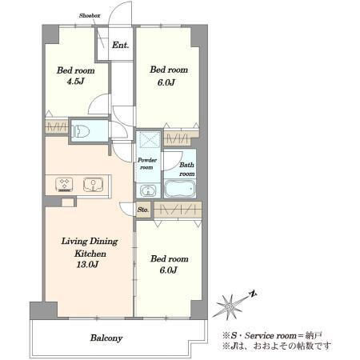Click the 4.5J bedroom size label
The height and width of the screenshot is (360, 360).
75,81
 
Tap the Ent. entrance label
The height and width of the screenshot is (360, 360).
121,45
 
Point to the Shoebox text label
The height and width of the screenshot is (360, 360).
90,16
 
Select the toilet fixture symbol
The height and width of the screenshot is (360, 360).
81,131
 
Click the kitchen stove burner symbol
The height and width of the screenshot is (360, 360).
64,185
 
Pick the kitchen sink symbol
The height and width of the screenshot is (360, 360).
93,185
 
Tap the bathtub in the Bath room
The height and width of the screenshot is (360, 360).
180,189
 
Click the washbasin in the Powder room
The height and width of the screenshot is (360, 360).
148,190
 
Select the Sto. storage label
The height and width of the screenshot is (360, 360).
143,210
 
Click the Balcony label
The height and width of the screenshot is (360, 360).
106,338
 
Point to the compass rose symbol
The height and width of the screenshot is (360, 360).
230,307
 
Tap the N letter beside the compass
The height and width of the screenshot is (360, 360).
253,294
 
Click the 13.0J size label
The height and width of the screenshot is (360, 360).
88,265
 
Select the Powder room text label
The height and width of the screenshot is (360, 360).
147,164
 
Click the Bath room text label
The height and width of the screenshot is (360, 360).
186,169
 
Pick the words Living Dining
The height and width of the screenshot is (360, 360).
90,242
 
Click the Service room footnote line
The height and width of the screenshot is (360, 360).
272,335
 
